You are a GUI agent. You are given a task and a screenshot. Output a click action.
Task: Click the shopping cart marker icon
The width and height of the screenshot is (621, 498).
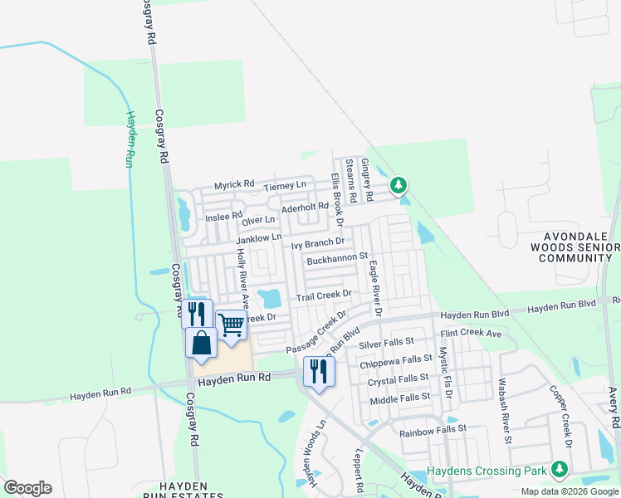[x=232, y=324]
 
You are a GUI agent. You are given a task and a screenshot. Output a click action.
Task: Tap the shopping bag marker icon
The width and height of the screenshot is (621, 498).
[x=202, y=341]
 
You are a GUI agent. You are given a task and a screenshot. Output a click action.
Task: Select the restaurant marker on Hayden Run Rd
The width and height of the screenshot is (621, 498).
[x=319, y=370]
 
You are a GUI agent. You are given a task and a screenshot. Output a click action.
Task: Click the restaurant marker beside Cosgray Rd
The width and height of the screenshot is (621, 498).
[x=198, y=313]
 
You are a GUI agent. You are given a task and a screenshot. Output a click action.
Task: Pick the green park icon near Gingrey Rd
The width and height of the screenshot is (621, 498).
[x=399, y=183]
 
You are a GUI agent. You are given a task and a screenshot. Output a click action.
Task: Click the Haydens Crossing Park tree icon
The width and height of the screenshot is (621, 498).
[x=560, y=471]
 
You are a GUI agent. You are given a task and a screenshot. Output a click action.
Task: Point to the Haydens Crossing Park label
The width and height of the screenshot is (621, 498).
[x=487, y=471]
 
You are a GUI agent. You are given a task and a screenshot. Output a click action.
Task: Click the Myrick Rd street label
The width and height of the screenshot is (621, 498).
[x=234, y=185]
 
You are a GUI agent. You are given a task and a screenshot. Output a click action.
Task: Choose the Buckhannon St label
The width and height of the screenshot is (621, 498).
[x=337, y=259]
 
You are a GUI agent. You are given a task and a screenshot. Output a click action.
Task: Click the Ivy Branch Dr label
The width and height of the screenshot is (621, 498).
[x=317, y=243]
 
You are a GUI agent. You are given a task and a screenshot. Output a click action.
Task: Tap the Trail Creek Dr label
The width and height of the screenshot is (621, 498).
[x=325, y=295]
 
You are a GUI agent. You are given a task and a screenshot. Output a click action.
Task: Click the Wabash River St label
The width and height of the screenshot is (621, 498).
[x=503, y=412]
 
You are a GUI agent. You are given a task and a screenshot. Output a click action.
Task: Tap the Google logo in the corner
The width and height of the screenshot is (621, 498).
[x=27, y=487]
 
